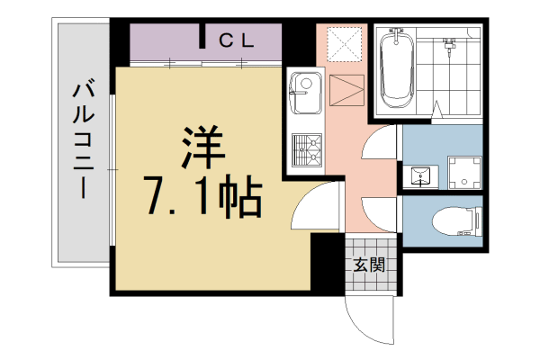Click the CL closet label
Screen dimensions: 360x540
(238, 40)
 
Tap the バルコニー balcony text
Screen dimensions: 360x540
(83, 140)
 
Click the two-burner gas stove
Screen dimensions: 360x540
(305, 148)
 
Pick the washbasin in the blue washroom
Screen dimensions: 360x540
(419, 173)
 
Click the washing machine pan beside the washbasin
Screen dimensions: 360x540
(463, 169)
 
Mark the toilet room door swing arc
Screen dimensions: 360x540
(378, 216)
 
